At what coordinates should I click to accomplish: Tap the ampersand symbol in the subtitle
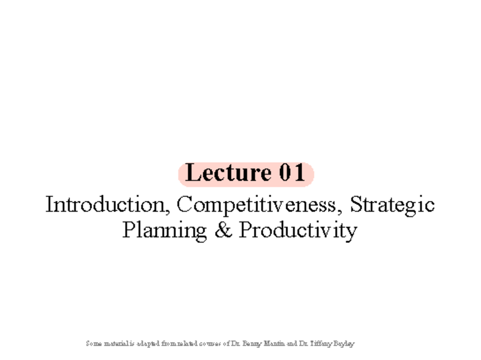coord(223,231)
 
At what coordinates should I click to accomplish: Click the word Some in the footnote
coord(93,344)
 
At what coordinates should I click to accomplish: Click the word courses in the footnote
coord(209,344)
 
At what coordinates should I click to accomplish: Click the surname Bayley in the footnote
coord(344,344)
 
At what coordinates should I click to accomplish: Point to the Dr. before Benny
coord(236,344)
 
